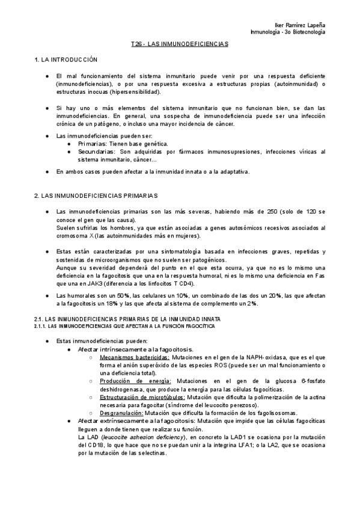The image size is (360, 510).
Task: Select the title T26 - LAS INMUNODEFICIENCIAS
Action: click(180, 45)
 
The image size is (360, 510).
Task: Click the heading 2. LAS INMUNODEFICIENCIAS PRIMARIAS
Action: click(96, 196)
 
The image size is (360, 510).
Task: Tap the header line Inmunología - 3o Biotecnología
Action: click(287, 31)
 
